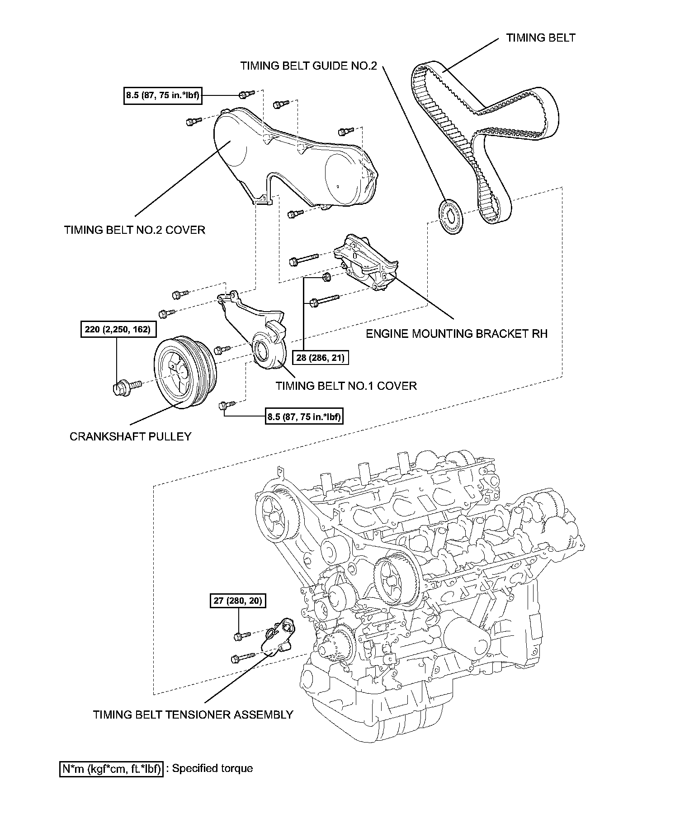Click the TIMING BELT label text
540,38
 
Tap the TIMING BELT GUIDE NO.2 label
308,66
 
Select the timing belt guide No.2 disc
451,217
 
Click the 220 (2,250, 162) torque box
117,329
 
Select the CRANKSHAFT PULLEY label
130,436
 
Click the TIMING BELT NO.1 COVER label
346,386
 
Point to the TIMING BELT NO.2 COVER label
135,230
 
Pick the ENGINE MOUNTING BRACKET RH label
456,334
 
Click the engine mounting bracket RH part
364,262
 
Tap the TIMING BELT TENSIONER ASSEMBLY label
193,715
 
